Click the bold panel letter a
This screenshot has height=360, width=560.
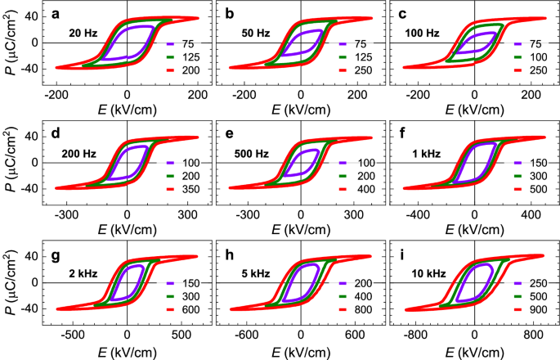[x=52, y=13]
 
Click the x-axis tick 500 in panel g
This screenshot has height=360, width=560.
[x=181, y=334]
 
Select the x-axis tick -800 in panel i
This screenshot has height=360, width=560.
[x=417, y=334]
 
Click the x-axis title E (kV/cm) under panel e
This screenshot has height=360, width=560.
[x=300, y=230]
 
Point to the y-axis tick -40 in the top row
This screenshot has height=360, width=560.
[x=29, y=68]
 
